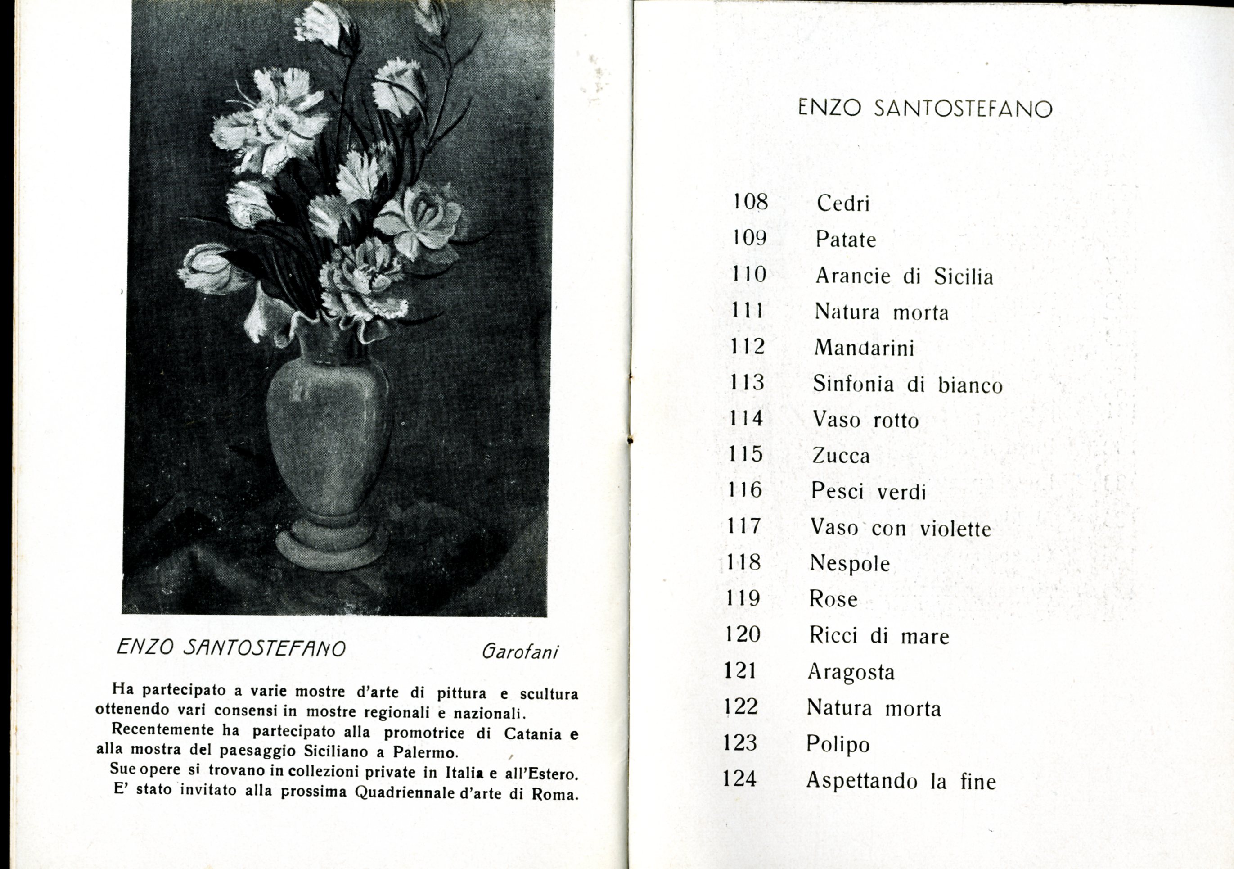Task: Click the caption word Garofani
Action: [x=520, y=652]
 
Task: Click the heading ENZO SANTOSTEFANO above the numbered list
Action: [x=924, y=109]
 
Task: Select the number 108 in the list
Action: [x=751, y=202]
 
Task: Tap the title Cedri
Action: [x=843, y=203]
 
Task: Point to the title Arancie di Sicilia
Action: [x=904, y=276]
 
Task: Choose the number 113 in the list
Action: [x=747, y=382]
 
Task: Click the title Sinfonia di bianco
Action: [x=907, y=385]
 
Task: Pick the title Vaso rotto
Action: [x=865, y=420]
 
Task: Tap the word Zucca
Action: [x=841, y=456]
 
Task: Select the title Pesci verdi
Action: [x=869, y=492]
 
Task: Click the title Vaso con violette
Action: [x=900, y=528]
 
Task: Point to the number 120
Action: [x=742, y=634]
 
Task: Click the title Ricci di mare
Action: [x=879, y=636]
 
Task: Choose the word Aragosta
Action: [x=851, y=673]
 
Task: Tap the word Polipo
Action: [x=838, y=745]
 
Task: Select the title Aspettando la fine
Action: [x=901, y=781]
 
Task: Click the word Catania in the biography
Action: [x=533, y=734]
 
